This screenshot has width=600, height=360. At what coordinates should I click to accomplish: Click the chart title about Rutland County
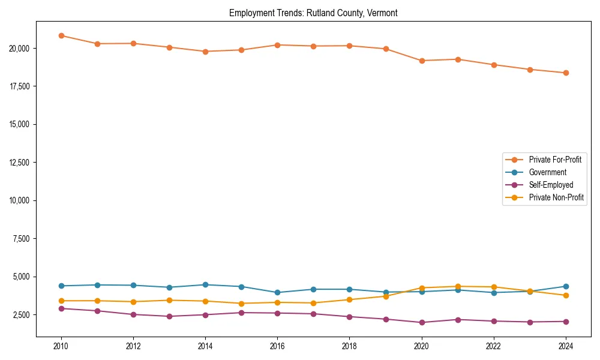(x=313, y=13)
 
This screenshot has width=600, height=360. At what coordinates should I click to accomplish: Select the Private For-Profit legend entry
(x=555, y=160)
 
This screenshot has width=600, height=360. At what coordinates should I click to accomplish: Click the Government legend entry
(x=547, y=172)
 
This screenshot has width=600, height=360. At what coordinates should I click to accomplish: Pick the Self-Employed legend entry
(x=551, y=185)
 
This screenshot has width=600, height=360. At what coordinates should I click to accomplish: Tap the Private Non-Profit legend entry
(x=556, y=197)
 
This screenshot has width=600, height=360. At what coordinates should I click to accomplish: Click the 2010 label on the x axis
(x=61, y=346)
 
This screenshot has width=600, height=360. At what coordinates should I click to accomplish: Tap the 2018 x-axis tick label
(x=349, y=346)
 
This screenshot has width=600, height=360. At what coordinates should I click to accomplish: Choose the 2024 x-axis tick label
(x=566, y=346)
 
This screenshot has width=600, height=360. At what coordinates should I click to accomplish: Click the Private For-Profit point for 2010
(x=61, y=35)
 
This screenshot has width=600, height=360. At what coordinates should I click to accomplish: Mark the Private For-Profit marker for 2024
(x=566, y=73)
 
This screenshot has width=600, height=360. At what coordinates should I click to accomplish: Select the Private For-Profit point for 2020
(x=422, y=61)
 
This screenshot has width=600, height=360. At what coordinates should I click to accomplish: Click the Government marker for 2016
(x=277, y=293)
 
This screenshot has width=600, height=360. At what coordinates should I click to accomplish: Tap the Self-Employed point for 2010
(x=61, y=308)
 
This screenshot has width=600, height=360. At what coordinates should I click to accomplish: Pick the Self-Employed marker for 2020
(x=422, y=323)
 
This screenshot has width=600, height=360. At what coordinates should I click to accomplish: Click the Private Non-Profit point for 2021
(x=458, y=286)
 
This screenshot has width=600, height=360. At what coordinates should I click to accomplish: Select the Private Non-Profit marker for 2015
(x=241, y=304)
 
